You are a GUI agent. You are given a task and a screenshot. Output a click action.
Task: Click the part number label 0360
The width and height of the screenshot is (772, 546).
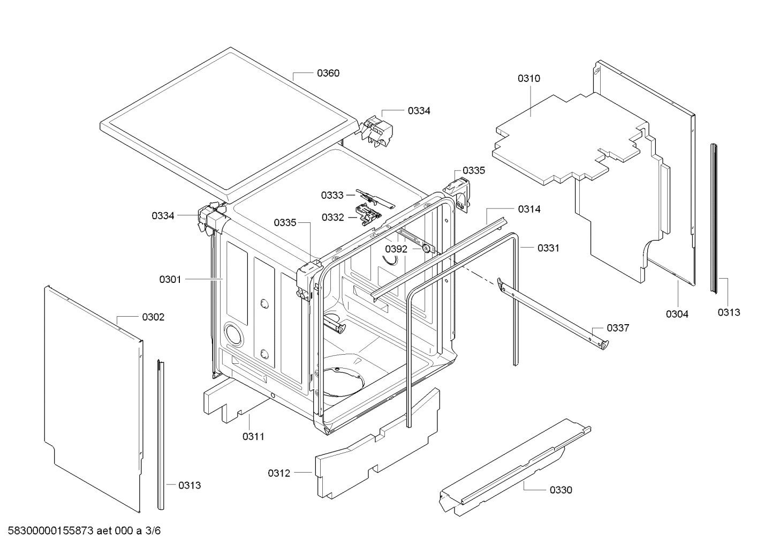(x=328, y=73)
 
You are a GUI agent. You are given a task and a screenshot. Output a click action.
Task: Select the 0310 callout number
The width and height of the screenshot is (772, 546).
(x=528, y=79)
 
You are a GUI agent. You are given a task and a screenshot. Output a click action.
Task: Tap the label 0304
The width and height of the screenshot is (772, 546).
(x=677, y=314)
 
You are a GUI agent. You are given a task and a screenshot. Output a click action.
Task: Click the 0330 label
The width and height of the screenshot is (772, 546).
(x=561, y=490)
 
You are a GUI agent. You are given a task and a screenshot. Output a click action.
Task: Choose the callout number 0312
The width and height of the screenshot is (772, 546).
(x=279, y=473)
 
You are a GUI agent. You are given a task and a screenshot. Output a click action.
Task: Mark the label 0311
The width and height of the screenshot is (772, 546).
(x=253, y=437)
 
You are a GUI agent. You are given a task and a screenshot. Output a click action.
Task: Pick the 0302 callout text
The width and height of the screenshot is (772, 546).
(x=153, y=317)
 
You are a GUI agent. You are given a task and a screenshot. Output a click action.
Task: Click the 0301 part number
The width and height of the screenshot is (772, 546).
(x=170, y=279)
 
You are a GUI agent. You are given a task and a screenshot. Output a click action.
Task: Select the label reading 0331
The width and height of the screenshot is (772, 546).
(x=548, y=248)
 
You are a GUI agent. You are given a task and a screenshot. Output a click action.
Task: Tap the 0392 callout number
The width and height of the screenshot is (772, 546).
(x=396, y=249)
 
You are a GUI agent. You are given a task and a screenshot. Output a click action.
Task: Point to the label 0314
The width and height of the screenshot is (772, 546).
(x=529, y=210)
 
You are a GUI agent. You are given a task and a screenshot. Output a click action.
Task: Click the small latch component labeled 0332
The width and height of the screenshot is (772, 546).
(x=369, y=215)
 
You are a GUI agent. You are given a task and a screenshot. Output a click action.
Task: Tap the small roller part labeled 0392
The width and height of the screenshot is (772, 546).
(x=426, y=248)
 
